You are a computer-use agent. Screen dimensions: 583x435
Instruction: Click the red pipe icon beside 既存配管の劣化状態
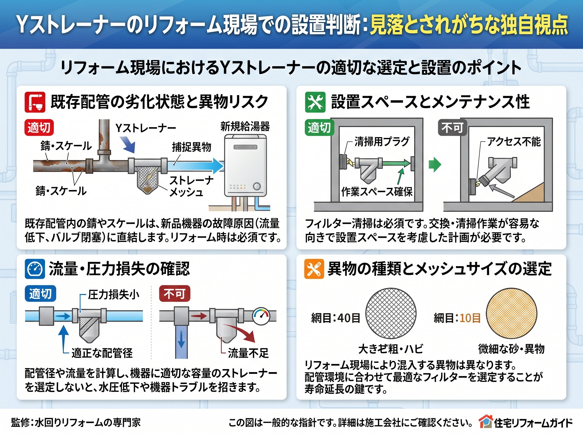pos(35,102)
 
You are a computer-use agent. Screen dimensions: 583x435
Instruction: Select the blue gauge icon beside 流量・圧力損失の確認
pos(35,269)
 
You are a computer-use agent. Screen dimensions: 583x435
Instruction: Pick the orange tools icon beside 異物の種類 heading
pos(314,269)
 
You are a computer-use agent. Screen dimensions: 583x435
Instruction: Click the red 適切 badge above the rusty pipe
pos(39,127)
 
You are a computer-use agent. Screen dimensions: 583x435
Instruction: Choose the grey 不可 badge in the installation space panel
pos(452,127)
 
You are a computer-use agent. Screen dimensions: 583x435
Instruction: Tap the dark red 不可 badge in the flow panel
pos(175,293)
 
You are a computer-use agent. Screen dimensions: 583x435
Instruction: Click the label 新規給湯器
pos(245,127)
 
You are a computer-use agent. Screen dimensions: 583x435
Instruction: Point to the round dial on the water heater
pos(257,186)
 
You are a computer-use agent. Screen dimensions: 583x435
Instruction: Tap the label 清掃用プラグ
pos(382,142)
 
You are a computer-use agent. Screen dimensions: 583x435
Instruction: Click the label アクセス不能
pos(514,142)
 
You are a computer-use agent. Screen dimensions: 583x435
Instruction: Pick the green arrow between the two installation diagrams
pos(435,165)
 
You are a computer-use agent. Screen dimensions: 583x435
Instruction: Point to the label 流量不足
pos(248,353)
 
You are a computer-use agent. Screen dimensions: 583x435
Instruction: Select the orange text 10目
pos(470,318)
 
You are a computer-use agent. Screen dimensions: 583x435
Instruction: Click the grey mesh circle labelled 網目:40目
pos(391,313)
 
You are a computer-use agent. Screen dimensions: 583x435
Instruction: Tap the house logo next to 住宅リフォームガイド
pos(485,422)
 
